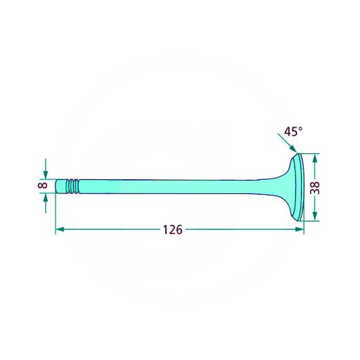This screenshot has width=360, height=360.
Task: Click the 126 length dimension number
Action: (x=172, y=230)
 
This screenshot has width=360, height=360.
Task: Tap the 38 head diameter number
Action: (x=315, y=188)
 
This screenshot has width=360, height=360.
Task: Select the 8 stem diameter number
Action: (x=43, y=186)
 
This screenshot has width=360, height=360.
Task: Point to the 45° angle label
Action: (x=293, y=131)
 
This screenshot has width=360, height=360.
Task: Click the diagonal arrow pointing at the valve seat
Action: (x=287, y=143)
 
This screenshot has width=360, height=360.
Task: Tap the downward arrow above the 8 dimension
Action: (x=46, y=169)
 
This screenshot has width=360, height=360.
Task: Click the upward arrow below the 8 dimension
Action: (x=46, y=203)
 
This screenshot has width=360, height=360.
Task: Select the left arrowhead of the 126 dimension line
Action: (x=60, y=229)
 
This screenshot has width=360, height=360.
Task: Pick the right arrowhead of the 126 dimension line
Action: (x=300, y=229)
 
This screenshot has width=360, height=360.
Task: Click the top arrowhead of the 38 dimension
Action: (x=315, y=158)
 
